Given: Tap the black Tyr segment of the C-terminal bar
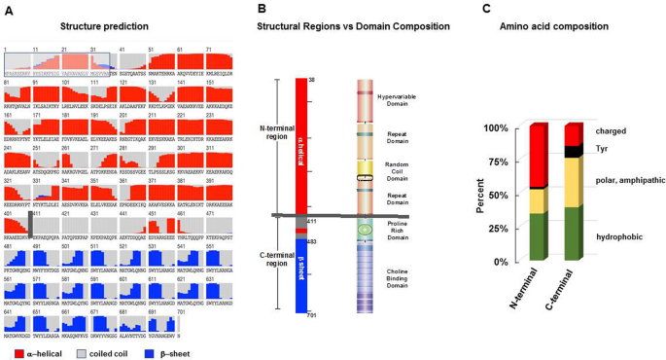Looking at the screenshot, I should coord(573,151).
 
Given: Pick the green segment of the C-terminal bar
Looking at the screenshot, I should coord(573,234).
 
